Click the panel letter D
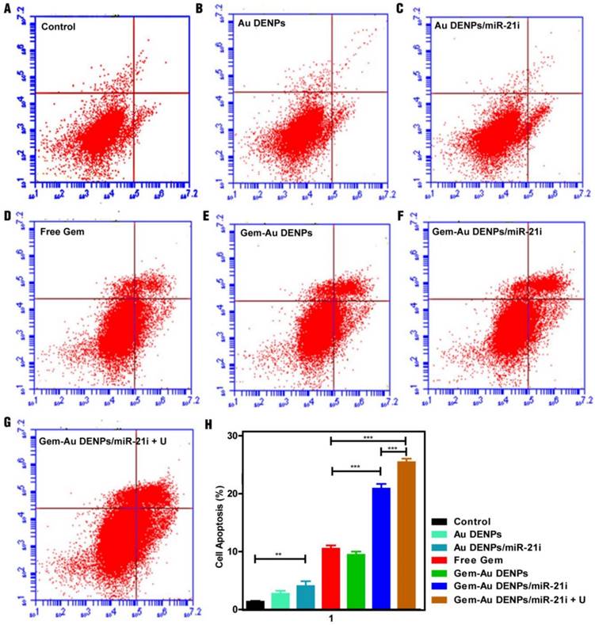pyautogui.click(x=6, y=214)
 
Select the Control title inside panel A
pyautogui.click(x=59, y=27)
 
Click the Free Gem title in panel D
pyautogui.click(x=62, y=232)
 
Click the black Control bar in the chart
pyautogui.click(x=255, y=605)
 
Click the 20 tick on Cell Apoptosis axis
pyautogui.click(x=233, y=494)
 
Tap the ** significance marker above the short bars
pyautogui.click(x=280, y=554)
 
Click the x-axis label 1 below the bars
pyautogui.click(x=330, y=618)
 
